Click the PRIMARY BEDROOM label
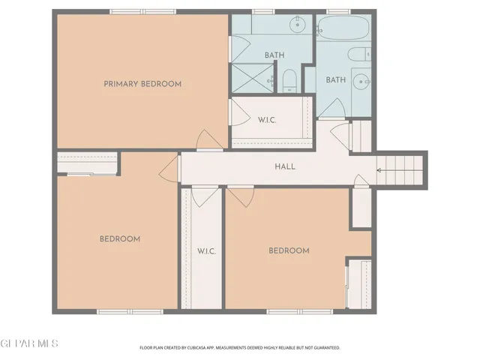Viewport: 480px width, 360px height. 142,84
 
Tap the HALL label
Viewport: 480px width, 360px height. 285,166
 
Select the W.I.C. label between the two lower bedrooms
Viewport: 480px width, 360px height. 206,250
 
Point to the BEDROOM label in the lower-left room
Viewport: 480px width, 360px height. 120,238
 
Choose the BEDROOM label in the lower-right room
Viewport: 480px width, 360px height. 289,250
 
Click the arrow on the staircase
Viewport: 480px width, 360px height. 382,170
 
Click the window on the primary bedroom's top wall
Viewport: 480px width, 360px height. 142,11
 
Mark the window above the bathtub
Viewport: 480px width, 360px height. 338,11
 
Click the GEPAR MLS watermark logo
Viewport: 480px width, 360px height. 29,343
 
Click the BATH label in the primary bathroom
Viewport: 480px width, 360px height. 274,55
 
